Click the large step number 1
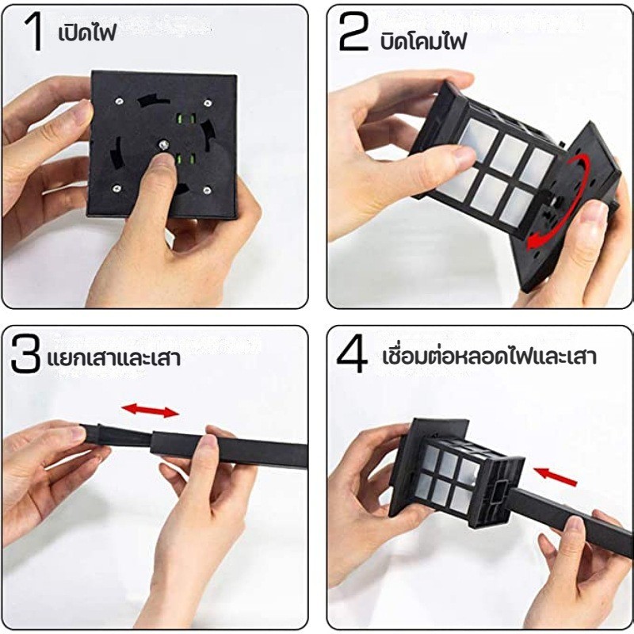34,32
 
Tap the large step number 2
353,31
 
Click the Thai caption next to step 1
87,32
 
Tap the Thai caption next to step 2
423,40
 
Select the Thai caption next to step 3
114,358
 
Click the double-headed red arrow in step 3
150,410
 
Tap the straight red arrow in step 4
556,476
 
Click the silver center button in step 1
164,144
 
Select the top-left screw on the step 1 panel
119,101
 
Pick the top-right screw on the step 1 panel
208,103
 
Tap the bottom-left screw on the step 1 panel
116,188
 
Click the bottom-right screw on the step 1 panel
207,190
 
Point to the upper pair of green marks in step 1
186,119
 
